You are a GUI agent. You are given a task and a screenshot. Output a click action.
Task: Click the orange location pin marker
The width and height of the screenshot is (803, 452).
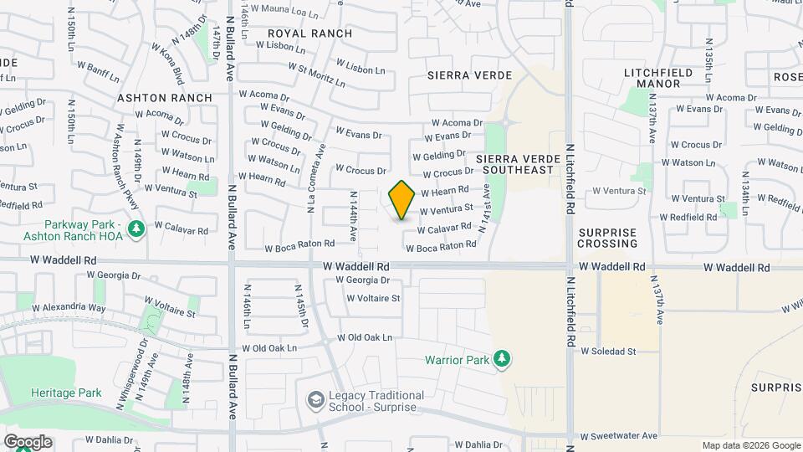401,200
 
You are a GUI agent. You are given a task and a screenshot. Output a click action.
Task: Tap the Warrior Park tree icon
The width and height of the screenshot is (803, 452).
502,359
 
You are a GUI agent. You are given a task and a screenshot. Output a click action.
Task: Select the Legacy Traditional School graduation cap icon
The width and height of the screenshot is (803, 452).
315,400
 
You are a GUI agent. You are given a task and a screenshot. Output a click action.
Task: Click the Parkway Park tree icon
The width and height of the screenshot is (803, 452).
137,227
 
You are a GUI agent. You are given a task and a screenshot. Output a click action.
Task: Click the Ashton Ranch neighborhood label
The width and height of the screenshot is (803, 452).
165,98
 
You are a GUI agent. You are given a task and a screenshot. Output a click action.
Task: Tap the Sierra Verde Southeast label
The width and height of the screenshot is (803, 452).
515,164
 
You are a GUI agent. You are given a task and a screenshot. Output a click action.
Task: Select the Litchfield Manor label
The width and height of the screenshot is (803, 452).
658,79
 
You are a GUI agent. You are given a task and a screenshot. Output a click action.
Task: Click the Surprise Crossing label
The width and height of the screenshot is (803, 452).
607,238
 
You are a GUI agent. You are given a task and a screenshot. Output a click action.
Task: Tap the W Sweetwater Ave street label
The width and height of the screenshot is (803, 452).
619,436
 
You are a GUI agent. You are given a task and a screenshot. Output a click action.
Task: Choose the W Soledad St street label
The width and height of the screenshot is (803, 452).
609,352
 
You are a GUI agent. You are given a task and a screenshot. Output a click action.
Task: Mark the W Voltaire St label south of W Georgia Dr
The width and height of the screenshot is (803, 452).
373,298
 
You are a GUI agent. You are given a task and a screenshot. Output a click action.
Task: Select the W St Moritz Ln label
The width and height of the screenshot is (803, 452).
316,75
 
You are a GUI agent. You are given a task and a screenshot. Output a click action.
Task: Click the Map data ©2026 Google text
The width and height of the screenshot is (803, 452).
750,445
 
